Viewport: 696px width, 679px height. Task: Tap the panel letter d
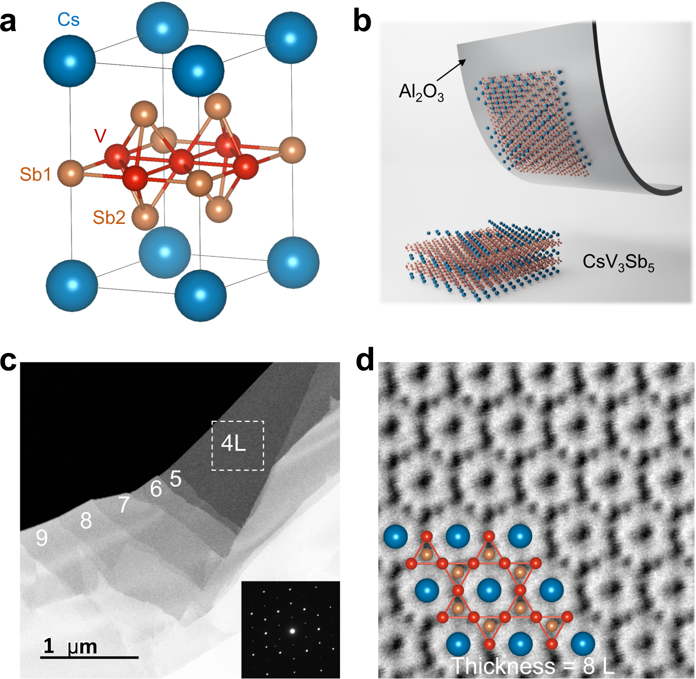pyautogui.click(x=365, y=360)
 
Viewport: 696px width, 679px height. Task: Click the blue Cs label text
pyautogui.click(x=68, y=20)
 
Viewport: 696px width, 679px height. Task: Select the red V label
pyautogui.click(x=100, y=136)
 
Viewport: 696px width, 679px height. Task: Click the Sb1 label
pyautogui.click(x=35, y=175)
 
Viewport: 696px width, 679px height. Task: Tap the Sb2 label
pyautogui.click(x=109, y=217)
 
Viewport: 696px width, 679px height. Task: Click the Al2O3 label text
pyautogui.click(x=421, y=92)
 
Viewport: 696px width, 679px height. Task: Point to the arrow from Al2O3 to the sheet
pyautogui.click(x=451, y=70)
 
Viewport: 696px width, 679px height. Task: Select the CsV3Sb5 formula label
pyautogui.click(x=618, y=262)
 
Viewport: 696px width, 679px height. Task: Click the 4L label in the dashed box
pyautogui.click(x=234, y=443)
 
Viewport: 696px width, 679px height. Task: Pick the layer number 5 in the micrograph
pyautogui.click(x=176, y=479)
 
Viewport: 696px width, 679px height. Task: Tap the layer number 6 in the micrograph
pyautogui.click(x=156, y=489)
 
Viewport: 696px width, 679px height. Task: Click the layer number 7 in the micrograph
pyautogui.click(x=123, y=504)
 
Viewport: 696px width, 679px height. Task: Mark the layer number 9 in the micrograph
pyautogui.click(x=42, y=539)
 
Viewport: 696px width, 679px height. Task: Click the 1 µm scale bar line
pyautogui.click(x=89, y=658)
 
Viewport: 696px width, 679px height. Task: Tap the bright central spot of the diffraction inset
pyautogui.click(x=292, y=631)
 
